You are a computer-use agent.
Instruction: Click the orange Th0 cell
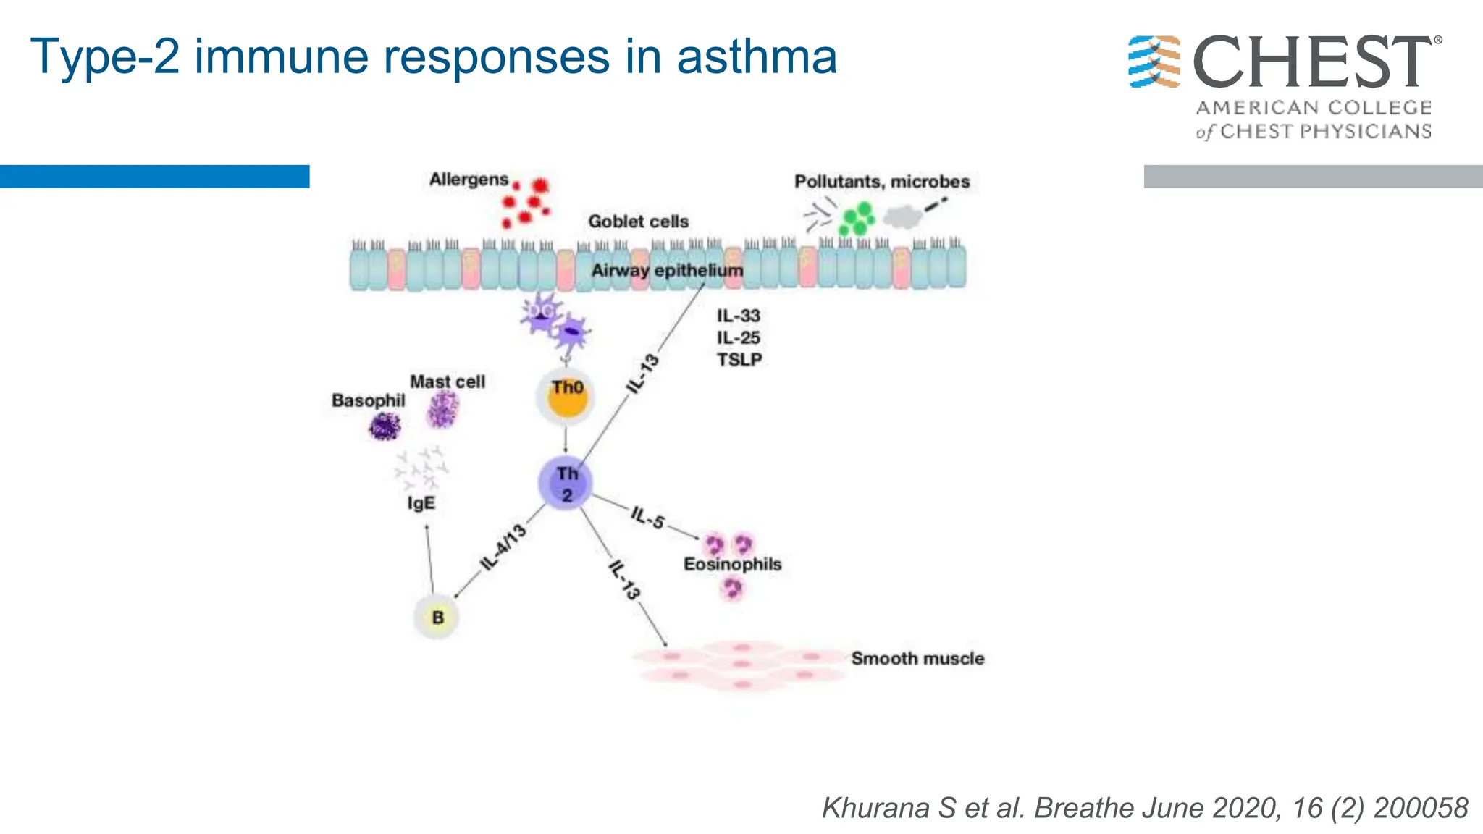point(567,397)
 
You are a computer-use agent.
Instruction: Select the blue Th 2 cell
point(566,484)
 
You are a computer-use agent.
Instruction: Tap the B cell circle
point(437,617)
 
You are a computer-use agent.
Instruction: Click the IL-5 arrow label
point(647,518)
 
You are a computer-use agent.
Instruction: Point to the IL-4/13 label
point(503,547)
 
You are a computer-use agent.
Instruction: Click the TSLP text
point(739,360)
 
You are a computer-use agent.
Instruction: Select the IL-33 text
point(738,316)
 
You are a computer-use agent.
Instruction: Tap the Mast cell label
point(447,382)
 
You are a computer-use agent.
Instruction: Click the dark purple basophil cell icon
point(385,426)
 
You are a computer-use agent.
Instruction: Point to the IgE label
point(421,502)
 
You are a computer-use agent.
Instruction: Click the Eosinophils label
point(732,564)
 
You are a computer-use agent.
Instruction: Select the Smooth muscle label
point(917,658)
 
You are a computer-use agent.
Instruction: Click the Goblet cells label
point(638,222)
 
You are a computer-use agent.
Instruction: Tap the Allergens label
point(469,179)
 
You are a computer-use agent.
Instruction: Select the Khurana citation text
point(1144,807)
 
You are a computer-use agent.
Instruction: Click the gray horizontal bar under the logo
point(1312,177)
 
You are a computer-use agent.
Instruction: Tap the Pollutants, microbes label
point(881,181)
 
